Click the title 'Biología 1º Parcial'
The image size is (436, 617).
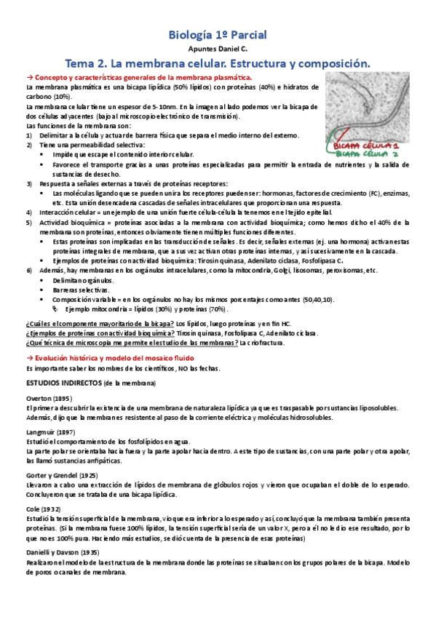click(x=218, y=34)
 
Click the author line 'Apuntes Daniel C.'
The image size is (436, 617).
click(x=218, y=48)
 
